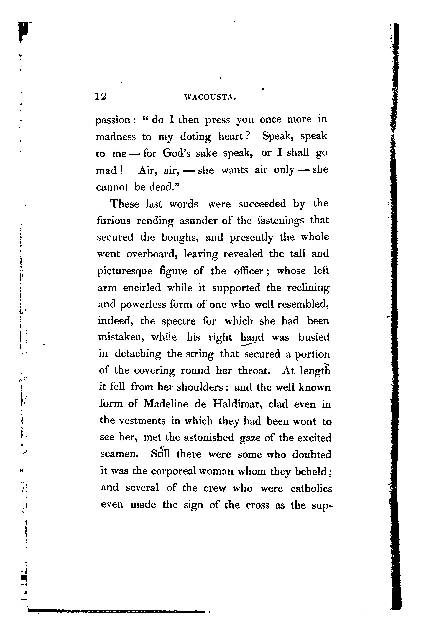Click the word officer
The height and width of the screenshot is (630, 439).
[249, 271]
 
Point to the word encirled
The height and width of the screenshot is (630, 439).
[142, 288]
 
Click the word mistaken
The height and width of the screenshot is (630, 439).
[121, 337]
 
